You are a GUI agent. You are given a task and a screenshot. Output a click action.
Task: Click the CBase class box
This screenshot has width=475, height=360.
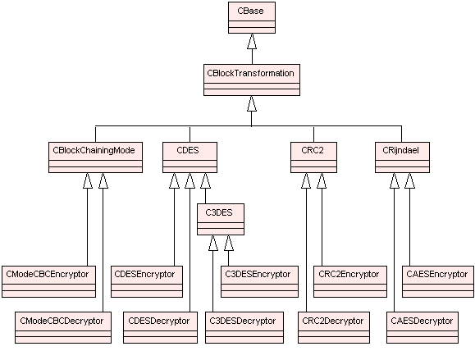pyautogui.click(x=252, y=17)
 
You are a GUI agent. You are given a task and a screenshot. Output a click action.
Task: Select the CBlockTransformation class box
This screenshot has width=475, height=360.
pyautogui.click(x=252, y=80)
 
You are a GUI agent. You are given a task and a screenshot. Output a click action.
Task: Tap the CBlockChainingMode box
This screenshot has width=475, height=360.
pyautogui.click(x=95, y=157)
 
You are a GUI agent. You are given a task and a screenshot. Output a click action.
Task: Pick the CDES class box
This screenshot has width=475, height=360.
pyautogui.click(x=190, y=157)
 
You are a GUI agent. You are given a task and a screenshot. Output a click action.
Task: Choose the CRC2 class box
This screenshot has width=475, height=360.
pyautogui.click(x=313, y=157)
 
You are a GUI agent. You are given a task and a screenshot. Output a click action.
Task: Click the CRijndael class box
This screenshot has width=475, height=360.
pyautogui.click(x=402, y=157)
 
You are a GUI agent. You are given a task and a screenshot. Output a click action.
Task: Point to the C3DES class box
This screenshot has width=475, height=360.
pyautogui.click(x=221, y=220)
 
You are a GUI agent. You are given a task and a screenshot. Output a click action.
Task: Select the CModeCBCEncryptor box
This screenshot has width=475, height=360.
pyautogui.click(x=48, y=281)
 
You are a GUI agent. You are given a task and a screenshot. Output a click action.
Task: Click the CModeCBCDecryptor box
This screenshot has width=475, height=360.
pyautogui.click(x=63, y=327)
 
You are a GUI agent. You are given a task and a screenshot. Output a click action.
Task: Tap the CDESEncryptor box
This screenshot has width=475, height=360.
pyautogui.click(x=147, y=281)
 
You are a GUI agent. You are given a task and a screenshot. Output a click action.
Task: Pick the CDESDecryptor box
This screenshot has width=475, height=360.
pyautogui.click(x=160, y=327)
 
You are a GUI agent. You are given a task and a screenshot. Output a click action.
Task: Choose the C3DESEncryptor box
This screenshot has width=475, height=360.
pyautogui.click(x=259, y=281)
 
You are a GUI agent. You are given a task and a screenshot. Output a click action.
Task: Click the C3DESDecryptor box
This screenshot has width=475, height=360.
pyautogui.click(x=244, y=327)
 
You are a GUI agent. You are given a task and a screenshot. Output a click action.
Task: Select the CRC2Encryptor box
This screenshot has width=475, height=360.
pyautogui.click(x=350, y=281)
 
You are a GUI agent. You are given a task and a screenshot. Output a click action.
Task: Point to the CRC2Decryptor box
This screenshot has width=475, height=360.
pyautogui.click(x=334, y=327)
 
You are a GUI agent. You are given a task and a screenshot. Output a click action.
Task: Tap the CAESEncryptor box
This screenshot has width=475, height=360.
pyautogui.click(x=438, y=281)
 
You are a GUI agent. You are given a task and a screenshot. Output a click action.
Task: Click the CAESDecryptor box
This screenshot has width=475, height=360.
pyautogui.click(x=422, y=327)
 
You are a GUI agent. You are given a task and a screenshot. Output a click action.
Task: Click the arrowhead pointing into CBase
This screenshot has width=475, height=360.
pyautogui.click(x=252, y=41)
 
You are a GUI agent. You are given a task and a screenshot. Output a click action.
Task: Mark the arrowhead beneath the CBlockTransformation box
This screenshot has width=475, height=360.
pyautogui.click(x=252, y=103)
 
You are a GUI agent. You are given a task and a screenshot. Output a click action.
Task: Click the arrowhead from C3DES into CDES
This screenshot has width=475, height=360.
pyautogui.click(x=205, y=180)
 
